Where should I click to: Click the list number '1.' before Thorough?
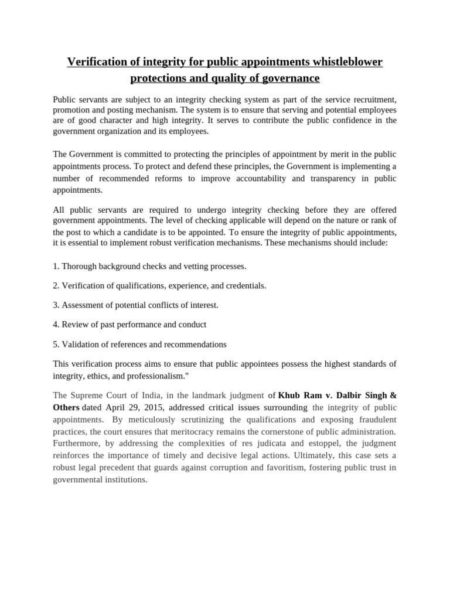[x=56, y=266]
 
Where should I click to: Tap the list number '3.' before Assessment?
[x=56, y=305]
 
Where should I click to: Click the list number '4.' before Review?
[x=56, y=324]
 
